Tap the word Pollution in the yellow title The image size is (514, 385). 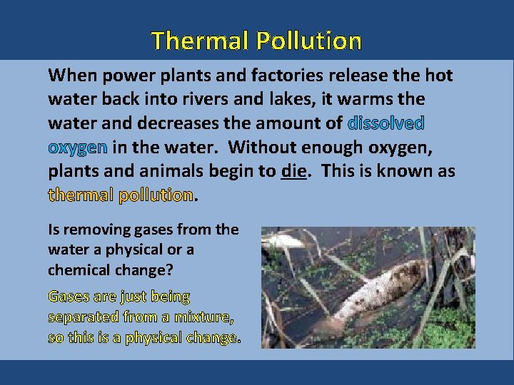[x=308, y=41]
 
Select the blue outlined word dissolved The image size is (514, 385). [x=386, y=123]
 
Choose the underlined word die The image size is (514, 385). [x=293, y=172]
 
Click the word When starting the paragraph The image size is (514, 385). [x=71, y=75]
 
